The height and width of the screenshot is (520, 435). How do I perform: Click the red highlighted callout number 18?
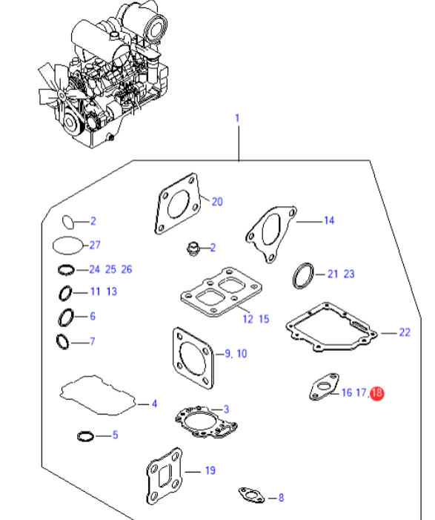click(376, 393)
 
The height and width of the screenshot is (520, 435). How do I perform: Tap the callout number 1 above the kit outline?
click(237, 118)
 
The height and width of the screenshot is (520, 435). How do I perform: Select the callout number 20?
click(217, 202)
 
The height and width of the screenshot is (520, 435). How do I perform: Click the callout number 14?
click(329, 220)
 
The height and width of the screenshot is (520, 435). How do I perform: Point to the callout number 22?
click(405, 332)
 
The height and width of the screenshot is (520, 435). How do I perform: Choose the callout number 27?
click(95, 245)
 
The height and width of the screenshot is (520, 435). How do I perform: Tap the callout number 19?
click(210, 470)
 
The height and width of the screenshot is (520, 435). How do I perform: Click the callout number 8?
click(281, 498)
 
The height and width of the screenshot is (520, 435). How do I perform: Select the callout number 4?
click(154, 404)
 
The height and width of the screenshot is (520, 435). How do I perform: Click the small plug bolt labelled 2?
click(193, 249)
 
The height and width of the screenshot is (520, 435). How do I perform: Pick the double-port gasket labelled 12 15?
click(222, 292)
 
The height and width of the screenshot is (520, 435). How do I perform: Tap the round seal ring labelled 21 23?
click(303, 276)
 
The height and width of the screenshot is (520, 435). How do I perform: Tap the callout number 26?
click(127, 269)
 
